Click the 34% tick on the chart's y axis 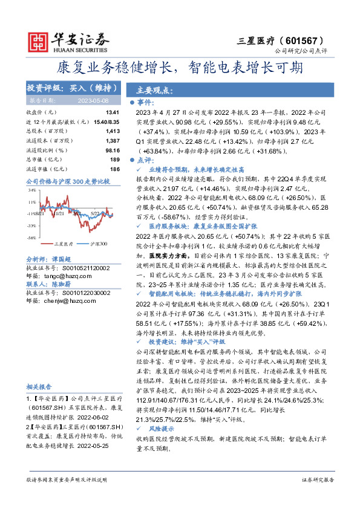(31, 190)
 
